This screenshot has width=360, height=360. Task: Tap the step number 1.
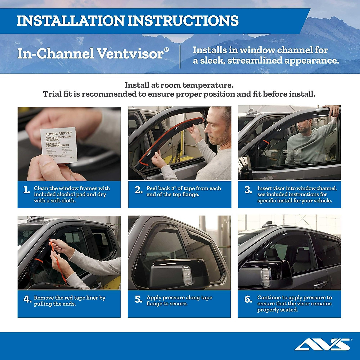pos(27,190)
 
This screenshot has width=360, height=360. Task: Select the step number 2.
pos(138,190)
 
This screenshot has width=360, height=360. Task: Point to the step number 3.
pos(248,190)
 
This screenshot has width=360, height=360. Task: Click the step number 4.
pos(27,299)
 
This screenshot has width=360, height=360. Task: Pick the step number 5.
pos(138,299)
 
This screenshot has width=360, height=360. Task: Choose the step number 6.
pos(248,299)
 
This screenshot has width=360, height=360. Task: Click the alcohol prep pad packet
pos(59,145)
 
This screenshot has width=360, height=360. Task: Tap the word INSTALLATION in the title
pos(70,21)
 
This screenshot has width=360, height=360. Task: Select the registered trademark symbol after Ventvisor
pos(166,49)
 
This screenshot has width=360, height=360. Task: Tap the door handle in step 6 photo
pos(320,284)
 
